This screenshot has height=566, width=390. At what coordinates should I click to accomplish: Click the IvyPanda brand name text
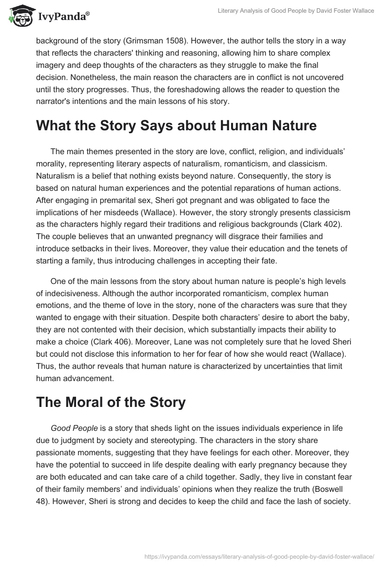[x=63, y=17]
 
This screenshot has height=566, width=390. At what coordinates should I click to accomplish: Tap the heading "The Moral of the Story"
[x=111, y=402]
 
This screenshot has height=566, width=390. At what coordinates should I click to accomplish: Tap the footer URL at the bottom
[x=259, y=555]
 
